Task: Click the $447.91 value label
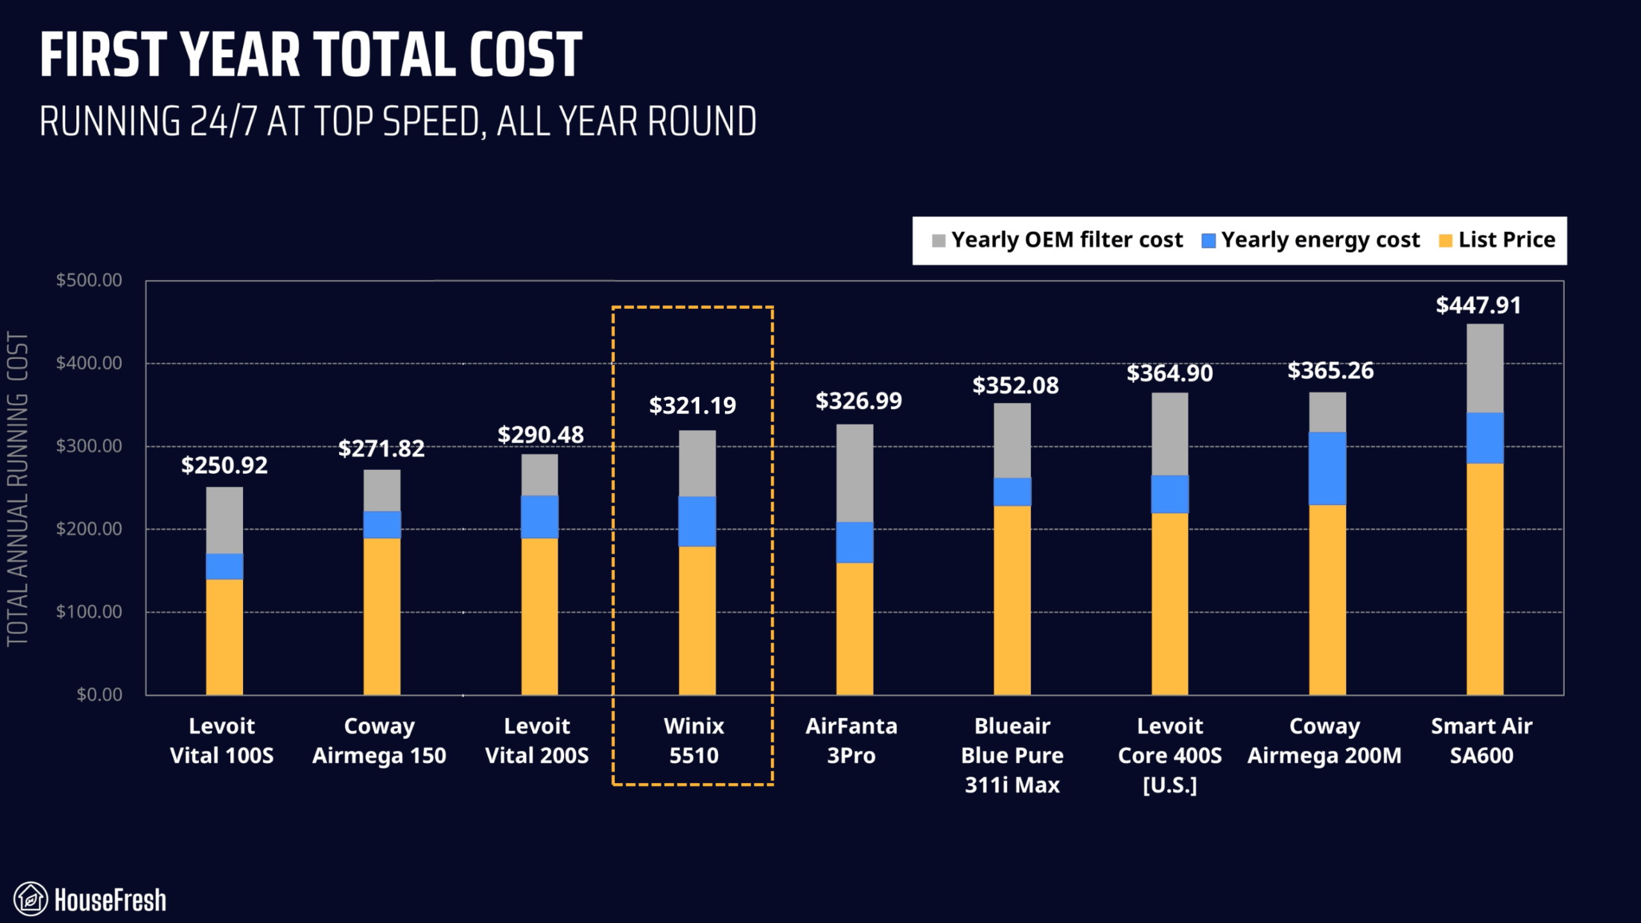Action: [x=1478, y=305]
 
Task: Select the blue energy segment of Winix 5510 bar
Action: [x=697, y=521]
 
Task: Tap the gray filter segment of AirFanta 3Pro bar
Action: [x=854, y=473]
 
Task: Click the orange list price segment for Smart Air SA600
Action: [x=1485, y=579]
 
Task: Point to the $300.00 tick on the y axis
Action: [x=89, y=445]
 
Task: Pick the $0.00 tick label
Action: [x=99, y=694]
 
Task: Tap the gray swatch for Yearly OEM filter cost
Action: [x=938, y=241]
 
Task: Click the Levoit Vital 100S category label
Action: [x=222, y=740]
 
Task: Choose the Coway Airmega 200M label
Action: [x=1324, y=740]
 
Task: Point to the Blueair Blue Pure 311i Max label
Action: [x=1012, y=755]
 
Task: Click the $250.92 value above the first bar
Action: [x=224, y=465]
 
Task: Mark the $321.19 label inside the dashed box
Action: [x=692, y=406]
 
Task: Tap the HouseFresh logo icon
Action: [x=30, y=899]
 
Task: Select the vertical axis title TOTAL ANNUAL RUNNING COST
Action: [x=17, y=489]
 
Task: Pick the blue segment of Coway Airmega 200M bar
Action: [x=1327, y=469]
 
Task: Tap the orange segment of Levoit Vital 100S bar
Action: [x=224, y=636]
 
